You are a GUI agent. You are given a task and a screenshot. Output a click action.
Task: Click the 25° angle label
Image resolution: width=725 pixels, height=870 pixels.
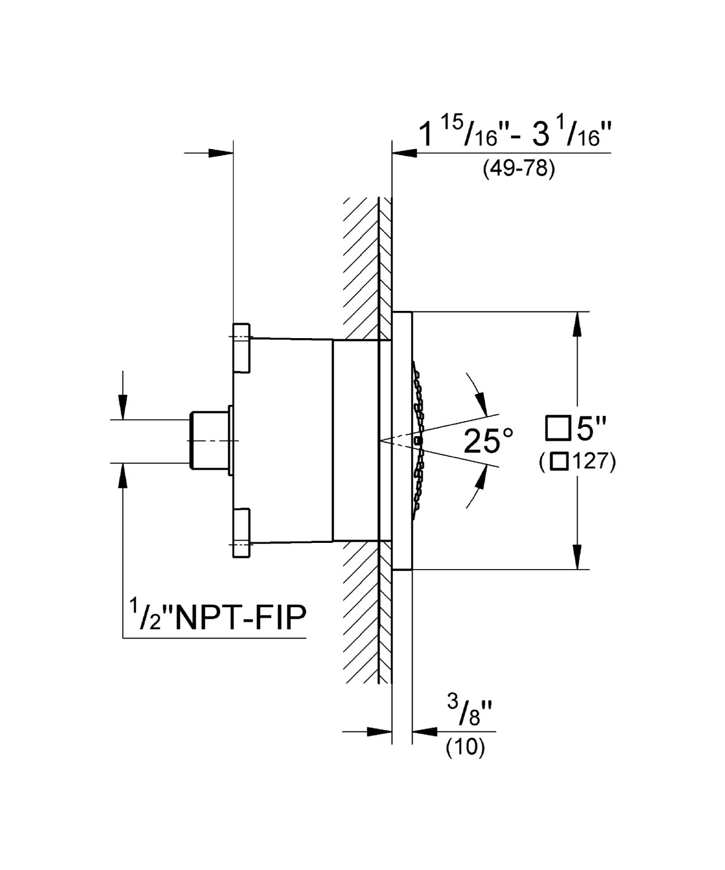pos(489,441)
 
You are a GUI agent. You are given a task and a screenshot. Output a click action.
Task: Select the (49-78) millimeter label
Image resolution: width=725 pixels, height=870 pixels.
pos(518,169)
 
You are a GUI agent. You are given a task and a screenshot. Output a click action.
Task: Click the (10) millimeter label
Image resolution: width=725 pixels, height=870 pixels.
pos(464,747)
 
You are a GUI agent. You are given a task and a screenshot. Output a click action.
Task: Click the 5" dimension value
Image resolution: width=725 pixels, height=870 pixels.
pos(591,429)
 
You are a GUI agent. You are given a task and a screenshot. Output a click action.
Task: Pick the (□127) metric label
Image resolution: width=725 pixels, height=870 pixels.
pos(576,462)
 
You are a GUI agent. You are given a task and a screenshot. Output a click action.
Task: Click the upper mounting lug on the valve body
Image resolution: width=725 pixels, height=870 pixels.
pos(241,347)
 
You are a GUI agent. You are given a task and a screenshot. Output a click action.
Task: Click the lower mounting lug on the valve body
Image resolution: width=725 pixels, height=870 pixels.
pos(241,532)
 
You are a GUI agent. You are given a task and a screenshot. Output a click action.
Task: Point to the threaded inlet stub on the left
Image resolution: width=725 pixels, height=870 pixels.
pos(209,440)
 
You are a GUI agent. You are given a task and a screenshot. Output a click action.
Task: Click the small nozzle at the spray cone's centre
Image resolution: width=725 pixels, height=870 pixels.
pos(419,441)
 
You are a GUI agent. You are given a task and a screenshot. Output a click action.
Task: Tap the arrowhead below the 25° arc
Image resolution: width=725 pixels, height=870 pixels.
pos(480,480)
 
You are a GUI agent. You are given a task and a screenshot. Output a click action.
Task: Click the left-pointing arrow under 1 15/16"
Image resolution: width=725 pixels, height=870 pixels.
pos(405,153)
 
